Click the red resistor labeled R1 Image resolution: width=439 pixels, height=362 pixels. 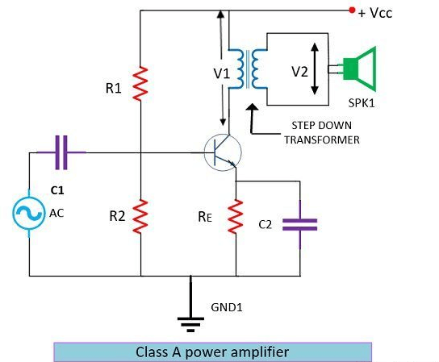pos(140,84)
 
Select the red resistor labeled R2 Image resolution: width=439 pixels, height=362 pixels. pos(140,215)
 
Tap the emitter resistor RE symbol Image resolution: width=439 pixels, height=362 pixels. pos(236,215)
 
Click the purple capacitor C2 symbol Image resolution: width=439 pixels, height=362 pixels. pos(299,224)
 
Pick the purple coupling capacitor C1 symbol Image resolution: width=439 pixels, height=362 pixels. pos(61,152)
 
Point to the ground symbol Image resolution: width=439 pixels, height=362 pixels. pos(191,322)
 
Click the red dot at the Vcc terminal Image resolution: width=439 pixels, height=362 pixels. pos(351,10)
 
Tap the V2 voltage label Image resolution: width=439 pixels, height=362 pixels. pos(300,72)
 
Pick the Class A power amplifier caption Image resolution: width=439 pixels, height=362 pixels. pos(213,352)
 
